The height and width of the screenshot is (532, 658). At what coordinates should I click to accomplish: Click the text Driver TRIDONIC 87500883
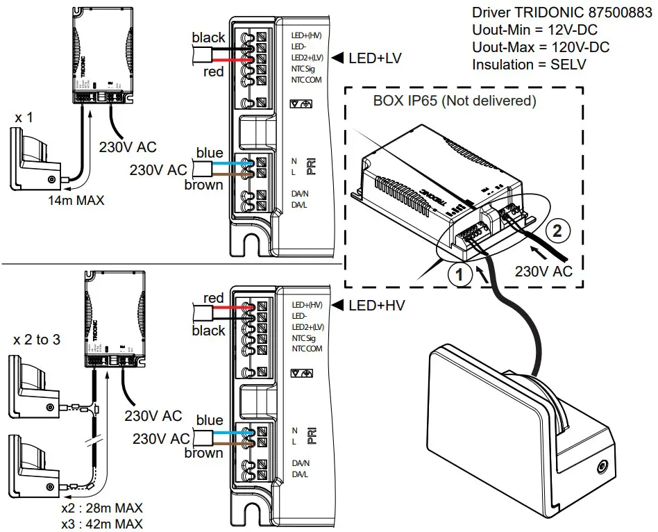563,13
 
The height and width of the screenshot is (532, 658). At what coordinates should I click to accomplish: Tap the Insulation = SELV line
529,65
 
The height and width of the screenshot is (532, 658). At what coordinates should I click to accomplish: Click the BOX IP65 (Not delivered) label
455,101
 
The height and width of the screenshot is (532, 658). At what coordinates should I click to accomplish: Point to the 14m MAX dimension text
76,201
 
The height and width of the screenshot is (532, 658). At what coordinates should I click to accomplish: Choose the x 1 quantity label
24,117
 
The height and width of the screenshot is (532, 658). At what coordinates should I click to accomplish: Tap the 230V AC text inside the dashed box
543,271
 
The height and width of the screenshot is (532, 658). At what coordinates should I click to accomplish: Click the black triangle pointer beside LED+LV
338,59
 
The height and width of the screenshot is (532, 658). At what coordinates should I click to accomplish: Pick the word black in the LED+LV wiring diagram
208,38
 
